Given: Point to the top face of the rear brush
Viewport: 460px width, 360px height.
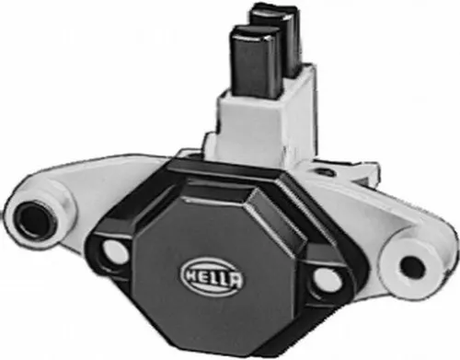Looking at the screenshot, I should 274,11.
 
